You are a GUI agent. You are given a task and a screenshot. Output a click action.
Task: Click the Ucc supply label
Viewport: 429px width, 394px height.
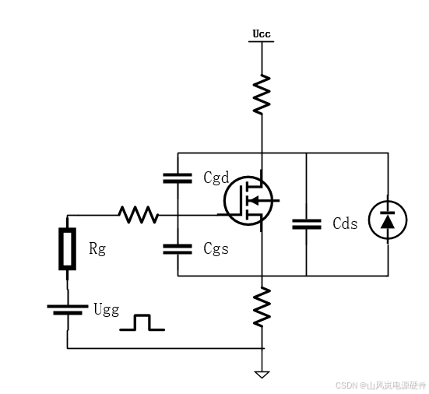[262, 34]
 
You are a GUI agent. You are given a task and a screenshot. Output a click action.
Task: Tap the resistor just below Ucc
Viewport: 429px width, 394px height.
[262, 94]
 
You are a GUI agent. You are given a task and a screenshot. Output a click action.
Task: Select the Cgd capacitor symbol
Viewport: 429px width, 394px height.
[178, 178]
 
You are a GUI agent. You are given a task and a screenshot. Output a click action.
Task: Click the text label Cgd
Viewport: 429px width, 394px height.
[216, 178]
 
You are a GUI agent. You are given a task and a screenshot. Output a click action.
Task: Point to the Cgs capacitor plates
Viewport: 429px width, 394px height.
[178, 249]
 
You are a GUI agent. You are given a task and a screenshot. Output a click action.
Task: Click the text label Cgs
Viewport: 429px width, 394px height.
[216, 249]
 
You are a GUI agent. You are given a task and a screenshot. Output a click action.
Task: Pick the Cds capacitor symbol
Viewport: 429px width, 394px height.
[307, 224]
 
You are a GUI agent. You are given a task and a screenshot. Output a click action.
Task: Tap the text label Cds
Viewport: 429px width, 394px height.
[345, 223]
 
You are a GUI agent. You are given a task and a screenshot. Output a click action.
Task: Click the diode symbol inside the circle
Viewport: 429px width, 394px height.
[388, 220]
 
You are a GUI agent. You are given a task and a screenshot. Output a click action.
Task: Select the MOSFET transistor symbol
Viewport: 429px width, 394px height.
[248, 201]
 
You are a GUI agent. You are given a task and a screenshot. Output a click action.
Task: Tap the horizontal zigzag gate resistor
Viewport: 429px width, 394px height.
[139, 215]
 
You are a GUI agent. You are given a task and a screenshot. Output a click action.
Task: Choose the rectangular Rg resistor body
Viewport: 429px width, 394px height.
[67, 248]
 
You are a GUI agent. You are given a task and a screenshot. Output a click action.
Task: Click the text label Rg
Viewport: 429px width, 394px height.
[97, 249]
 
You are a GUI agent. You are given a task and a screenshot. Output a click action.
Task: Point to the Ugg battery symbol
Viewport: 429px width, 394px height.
[68, 309]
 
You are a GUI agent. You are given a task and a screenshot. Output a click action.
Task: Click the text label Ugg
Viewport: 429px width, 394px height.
[107, 310]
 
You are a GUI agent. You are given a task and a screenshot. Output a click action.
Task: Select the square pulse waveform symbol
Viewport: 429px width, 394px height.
[142, 322]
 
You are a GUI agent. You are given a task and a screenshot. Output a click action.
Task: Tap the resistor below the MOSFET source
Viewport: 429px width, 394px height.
[262, 307]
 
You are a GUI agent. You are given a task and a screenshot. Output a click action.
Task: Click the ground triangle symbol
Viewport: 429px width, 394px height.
[262, 375]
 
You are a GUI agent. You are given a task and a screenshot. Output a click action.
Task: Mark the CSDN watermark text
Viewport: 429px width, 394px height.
[381, 385]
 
